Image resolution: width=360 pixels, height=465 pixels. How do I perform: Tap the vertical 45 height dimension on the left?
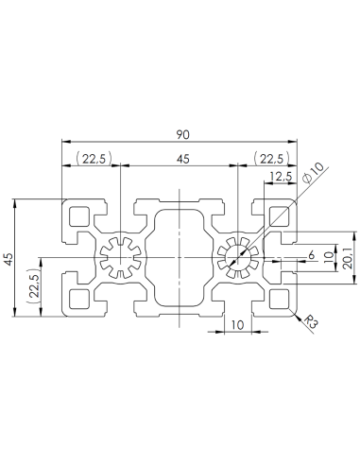click(9, 259)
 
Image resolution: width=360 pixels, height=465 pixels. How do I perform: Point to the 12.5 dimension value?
click(279, 177)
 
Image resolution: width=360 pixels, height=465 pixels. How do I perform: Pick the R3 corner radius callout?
click(311, 323)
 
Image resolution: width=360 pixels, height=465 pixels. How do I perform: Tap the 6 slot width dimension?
click(311, 254)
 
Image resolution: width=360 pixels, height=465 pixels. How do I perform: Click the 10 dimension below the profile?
click(235, 324)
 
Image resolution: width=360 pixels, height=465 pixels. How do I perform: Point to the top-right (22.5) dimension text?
click(268, 159)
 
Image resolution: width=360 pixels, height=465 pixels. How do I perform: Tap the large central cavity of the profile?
click(180, 258)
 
